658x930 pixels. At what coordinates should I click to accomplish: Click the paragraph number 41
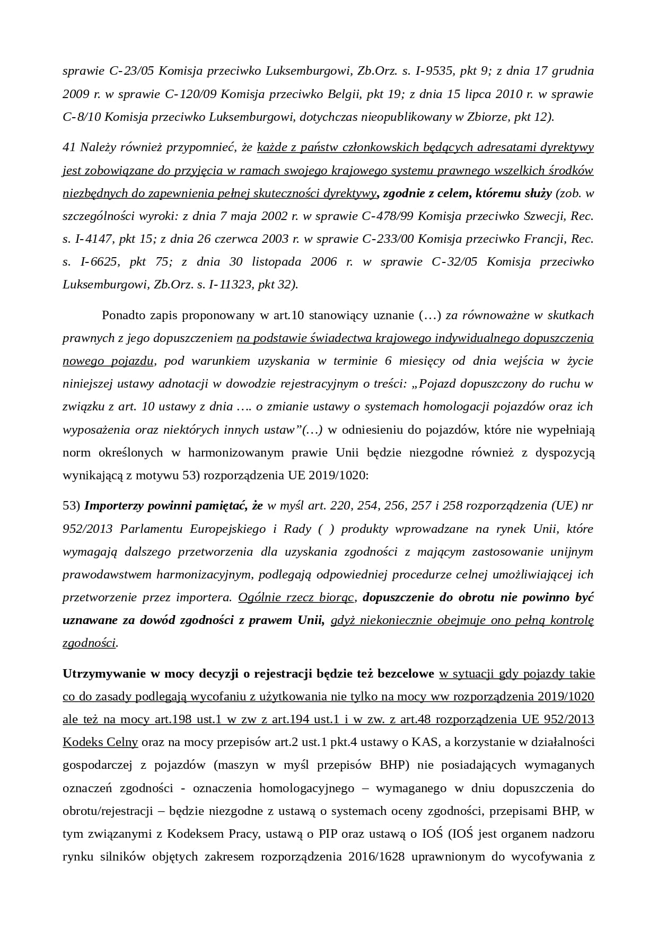[69, 147]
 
